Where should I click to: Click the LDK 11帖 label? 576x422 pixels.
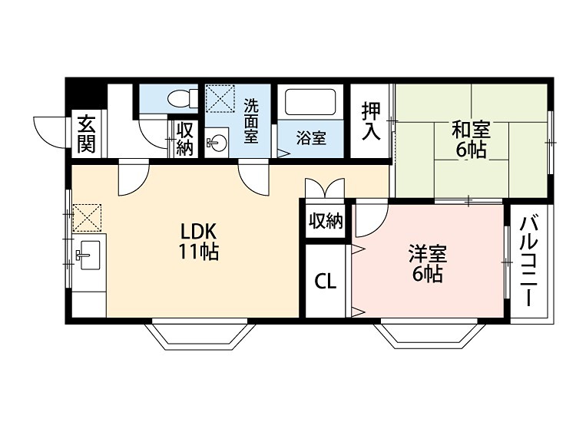[199, 242]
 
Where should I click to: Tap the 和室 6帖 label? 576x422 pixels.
[472, 140]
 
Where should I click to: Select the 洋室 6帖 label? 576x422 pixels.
[428, 264]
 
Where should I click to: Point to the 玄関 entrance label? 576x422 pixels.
[86, 134]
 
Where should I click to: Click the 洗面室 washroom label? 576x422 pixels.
[251, 121]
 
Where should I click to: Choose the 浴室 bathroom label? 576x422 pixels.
[311, 139]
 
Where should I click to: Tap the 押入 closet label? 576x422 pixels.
[371, 120]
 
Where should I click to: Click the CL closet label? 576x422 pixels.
[326, 282]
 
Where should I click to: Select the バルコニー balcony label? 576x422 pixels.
[529, 262]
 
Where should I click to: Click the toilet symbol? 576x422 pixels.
[182, 97]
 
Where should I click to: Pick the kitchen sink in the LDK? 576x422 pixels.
[89, 255]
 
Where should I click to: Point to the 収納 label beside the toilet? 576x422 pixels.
[184, 139]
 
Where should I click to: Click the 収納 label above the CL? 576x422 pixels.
[326, 221]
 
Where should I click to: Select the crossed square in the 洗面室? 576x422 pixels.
[220, 98]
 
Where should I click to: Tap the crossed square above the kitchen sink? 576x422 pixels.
[87, 218]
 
